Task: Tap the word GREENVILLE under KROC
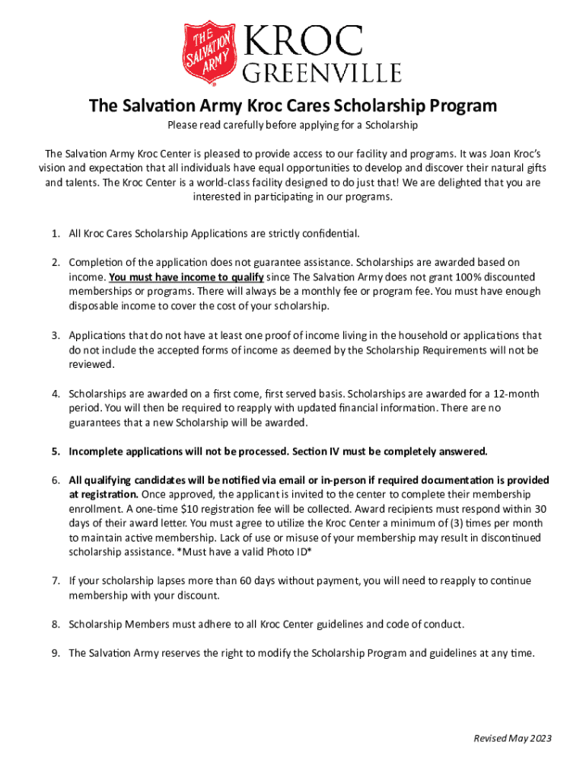click(x=321, y=73)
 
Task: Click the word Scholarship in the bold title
click(x=382, y=105)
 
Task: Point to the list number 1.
click(x=56, y=233)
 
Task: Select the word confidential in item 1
click(x=330, y=233)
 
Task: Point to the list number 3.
click(x=56, y=335)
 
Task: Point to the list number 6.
click(x=56, y=481)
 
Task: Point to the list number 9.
click(x=56, y=653)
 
